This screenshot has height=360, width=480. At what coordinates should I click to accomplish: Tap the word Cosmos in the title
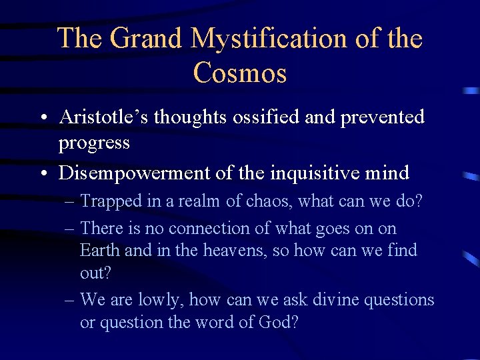[x=240, y=73]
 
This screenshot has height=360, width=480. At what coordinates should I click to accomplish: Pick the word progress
[x=94, y=143]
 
